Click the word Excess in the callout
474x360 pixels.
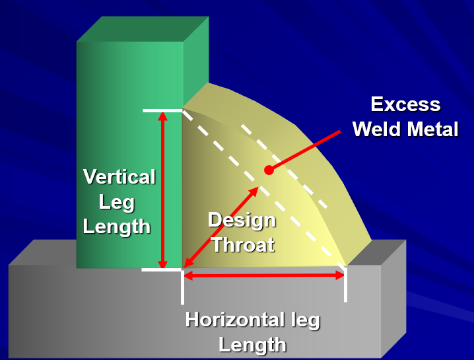405,104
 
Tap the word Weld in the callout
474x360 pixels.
376,129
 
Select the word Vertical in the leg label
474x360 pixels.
119,177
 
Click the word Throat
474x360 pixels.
242,245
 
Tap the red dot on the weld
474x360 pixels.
269,170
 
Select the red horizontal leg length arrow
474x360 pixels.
264,275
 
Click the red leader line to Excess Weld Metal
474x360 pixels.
306,150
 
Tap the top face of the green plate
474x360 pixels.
142,29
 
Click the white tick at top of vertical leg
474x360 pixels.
162,110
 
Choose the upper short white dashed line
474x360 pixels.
284,165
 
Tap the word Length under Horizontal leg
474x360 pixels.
253,345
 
